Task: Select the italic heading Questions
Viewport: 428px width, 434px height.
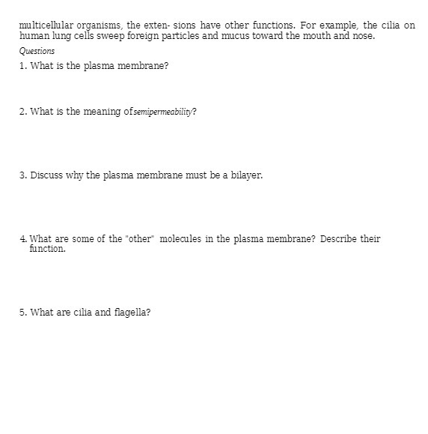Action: click(x=37, y=51)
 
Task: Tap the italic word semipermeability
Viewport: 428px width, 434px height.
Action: click(x=162, y=112)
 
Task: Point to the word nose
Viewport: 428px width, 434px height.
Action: click(x=364, y=36)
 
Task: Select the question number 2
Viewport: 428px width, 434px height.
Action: click(x=23, y=112)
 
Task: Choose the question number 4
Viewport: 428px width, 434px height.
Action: click(x=23, y=239)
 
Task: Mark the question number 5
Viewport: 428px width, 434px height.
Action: click(x=23, y=313)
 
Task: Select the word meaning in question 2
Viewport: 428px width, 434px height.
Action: click(x=103, y=112)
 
